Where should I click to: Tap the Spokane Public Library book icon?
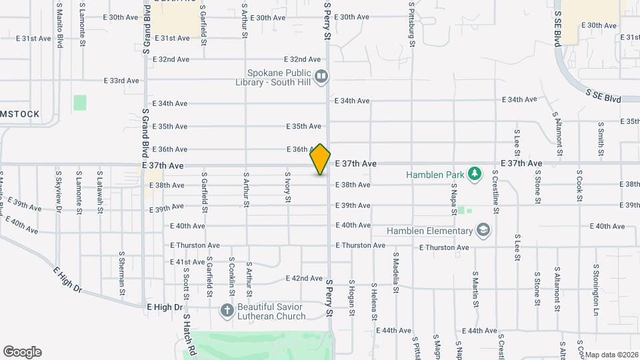pos(321,77)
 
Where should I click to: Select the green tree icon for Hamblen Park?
pos(474,174)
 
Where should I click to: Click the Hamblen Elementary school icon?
pos(483,231)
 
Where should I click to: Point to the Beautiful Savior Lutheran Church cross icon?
pos(227,310)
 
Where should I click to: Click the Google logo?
pos(22,352)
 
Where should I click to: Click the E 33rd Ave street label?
pos(121,81)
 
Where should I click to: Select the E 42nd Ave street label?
pos(304,278)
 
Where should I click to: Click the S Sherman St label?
pos(122,268)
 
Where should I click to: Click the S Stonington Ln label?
pos(596,280)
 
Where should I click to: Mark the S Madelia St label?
pos(395,272)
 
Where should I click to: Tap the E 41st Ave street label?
pos(187,263)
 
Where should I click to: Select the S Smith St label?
pos(601,135)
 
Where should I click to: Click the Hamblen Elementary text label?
pos(429,231)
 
